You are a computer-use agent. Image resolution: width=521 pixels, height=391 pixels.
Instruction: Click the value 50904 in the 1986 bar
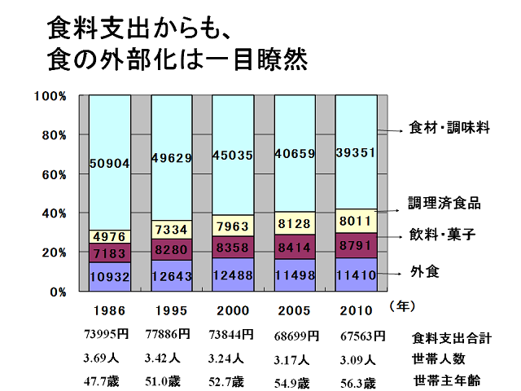pyautogui.click(x=109, y=163)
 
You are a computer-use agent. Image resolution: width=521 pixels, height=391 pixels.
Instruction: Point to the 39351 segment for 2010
pyautogui.click(x=357, y=153)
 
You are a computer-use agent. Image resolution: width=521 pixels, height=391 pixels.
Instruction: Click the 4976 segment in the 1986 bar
pyautogui.click(x=109, y=237)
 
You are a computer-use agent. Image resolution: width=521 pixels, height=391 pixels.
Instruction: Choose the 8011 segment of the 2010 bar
pyautogui.click(x=357, y=221)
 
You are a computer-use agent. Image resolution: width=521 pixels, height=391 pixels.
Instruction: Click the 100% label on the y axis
pyautogui.click(x=50, y=96)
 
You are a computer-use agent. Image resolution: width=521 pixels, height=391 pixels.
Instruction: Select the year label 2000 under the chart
pyautogui.click(x=233, y=310)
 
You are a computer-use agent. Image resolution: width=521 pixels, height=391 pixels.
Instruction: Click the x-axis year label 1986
pyautogui.click(x=109, y=310)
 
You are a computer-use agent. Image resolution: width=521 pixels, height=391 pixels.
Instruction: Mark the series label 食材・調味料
pyautogui.click(x=448, y=128)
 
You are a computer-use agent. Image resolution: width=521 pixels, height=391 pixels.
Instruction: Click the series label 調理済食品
pyautogui.click(x=444, y=204)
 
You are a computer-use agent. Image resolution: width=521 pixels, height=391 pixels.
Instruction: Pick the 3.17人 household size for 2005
pyautogui.click(x=292, y=357)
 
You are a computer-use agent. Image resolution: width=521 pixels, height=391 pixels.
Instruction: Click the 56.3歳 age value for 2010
pyautogui.click(x=357, y=382)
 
